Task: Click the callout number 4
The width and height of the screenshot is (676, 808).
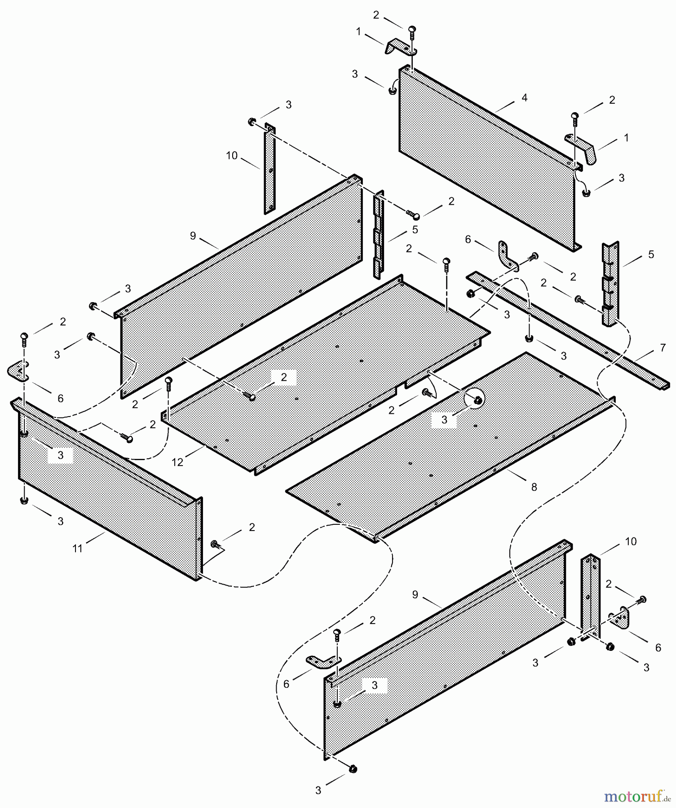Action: point(524,98)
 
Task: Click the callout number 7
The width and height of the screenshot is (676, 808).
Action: point(663,347)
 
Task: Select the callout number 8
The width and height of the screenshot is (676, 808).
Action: point(534,487)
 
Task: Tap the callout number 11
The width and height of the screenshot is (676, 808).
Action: point(78,548)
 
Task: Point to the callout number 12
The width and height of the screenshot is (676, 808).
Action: point(177,462)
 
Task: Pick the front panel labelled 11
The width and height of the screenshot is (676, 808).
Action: point(108,494)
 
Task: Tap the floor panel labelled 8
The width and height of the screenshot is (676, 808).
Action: point(449,444)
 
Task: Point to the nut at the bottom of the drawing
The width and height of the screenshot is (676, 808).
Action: point(353,769)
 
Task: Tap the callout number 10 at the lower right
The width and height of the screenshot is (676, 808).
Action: point(631,541)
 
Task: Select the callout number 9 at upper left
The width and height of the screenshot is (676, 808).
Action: point(193,236)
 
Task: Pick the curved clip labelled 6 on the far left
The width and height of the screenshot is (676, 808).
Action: point(18,370)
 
